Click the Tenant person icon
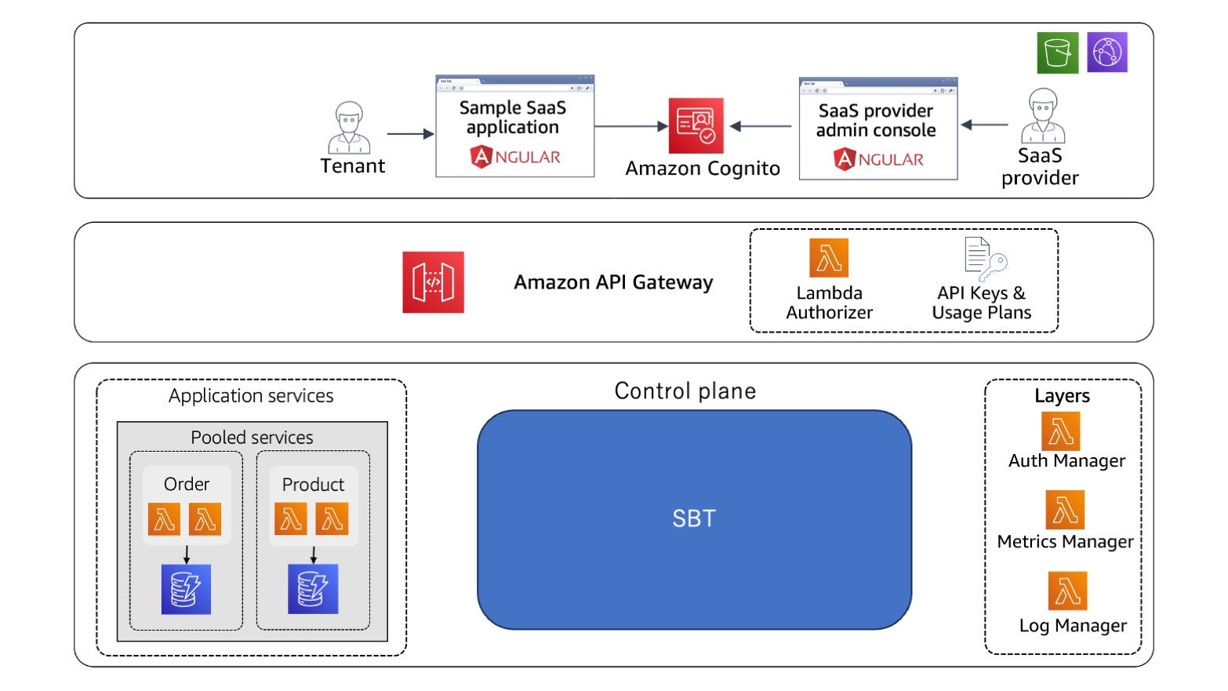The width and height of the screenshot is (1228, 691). coord(349,127)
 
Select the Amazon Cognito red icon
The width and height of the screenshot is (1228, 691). coord(696,125)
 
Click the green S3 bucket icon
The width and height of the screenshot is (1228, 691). coord(1057,53)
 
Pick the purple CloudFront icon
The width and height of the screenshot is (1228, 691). coord(1107,53)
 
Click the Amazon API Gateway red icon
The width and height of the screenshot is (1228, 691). coord(433,282)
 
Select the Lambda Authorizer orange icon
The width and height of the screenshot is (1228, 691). coord(829,258)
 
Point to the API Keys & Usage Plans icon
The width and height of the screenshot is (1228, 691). coord(984,259)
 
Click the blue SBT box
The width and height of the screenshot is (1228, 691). coord(694,519)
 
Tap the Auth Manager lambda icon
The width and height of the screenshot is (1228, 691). coord(1060,431)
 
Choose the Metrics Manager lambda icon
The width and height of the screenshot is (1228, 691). coord(1065,510)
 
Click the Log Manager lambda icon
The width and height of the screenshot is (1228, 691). coord(1067,591)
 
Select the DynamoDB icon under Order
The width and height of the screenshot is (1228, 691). coord(186,589)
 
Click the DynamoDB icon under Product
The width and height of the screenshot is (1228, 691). coord(313,589)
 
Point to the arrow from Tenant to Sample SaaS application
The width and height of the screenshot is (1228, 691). coord(410,134)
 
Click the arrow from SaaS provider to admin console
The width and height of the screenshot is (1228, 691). coord(984,125)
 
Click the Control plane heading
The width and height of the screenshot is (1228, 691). coord(685,391)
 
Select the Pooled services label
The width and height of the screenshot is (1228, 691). coord(252,438)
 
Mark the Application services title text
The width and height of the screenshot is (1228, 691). coord(251,396)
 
